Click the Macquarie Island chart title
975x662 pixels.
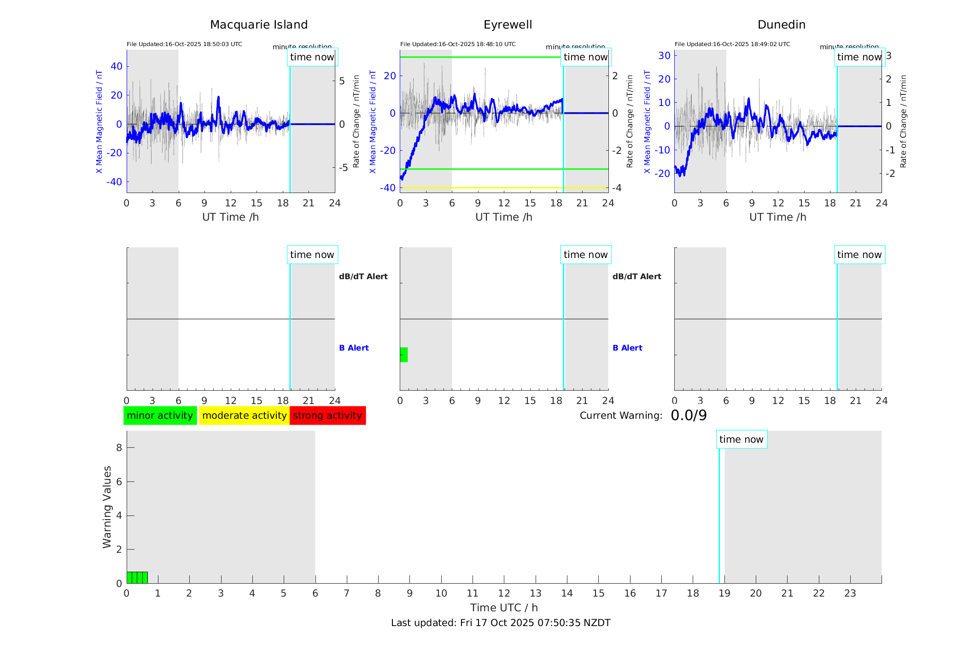(258, 25)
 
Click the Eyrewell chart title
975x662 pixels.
(508, 25)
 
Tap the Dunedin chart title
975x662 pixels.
(781, 25)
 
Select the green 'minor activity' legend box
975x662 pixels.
(160, 416)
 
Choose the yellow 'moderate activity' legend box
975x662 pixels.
(244, 416)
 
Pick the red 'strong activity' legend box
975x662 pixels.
(327, 416)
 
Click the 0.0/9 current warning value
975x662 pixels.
(689, 416)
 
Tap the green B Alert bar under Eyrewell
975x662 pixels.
(404, 355)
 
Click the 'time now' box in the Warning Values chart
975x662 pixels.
(741, 439)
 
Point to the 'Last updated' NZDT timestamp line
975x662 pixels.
(501, 623)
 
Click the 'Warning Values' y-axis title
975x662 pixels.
(107, 507)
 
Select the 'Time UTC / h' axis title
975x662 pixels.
(504, 608)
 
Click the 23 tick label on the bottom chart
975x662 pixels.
(850, 593)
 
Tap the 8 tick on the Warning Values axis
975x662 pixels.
(119, 448)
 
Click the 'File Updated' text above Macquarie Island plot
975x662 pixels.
(184, 44)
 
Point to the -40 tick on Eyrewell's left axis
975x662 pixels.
(387, 188)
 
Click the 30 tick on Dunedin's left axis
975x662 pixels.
(664, 56)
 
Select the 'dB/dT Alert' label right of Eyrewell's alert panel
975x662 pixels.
(636, 276)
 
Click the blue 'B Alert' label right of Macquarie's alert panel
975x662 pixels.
(354, 348)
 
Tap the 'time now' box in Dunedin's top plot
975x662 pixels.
(859, 57)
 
